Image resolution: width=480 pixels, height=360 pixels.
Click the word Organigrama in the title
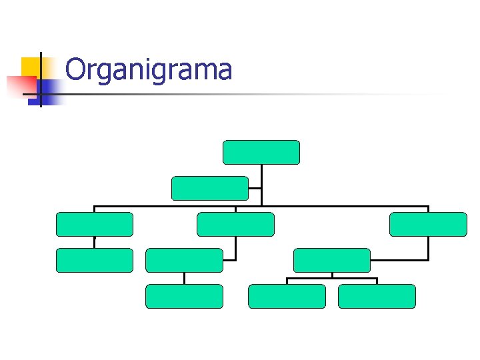[149, 70]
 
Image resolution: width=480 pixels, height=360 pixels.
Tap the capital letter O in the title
[77, 70]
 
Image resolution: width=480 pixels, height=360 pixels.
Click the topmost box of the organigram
[261, 152]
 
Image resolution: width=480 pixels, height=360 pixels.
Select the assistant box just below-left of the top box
[209, 188]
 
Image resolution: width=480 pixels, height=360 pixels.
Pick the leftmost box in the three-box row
[94, 224]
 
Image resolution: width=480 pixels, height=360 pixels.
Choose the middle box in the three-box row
[235, 224]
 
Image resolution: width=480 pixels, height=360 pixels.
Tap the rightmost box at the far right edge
[428, 224]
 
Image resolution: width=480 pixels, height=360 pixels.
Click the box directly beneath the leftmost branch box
[94, 260]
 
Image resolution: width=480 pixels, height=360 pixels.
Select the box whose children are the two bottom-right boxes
[331, 260]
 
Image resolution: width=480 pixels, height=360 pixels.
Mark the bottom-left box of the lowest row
[184, 296]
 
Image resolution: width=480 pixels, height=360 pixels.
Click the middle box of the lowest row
[287, 296]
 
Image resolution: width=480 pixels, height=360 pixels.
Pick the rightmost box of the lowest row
[377, 296]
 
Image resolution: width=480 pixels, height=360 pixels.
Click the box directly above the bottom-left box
[184, 260]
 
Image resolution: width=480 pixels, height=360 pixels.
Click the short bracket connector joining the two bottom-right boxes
[332, 278]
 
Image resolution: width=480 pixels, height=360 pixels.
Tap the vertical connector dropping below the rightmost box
[428, 248]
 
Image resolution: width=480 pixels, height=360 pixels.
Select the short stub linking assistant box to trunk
[255, 188]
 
